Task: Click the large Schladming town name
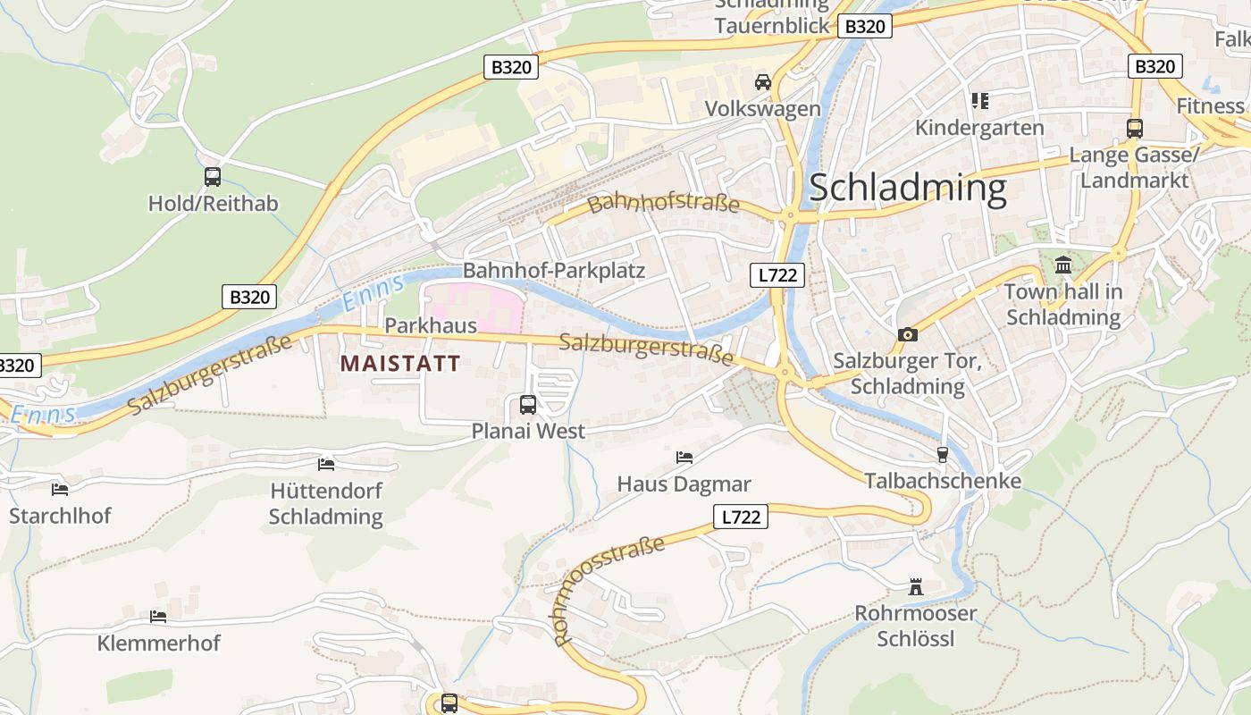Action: click(x=907, y=189)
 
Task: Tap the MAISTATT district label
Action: click(x=400, y=364)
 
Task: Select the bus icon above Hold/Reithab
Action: click(x=212, y=177)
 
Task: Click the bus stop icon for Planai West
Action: click(x=528, y=405)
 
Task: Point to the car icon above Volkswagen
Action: click(x=762, y=82)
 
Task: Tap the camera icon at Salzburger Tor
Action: click(x=908, y=334)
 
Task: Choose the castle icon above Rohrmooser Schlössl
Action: click(x=915, y=587)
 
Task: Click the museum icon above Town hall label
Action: click(x=1063, y=265)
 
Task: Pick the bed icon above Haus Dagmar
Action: click(x=684, y=458)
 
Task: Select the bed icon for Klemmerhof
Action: click(x=158, y=617)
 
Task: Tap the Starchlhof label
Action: click(x=60, y=516)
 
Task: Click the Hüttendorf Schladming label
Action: click(x=326, y=504)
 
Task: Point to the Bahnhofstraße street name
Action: click(x=664, y=202)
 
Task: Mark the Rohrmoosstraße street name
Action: click(x=609, y=590)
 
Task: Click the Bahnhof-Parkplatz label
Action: click(x=553, y=270)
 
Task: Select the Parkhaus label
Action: click(x=431, y=325)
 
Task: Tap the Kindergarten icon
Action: click(x=979, y=101)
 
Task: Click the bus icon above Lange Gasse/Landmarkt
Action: click(x=1134, y=129)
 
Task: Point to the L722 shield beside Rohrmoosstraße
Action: click(x=741, y=517)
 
